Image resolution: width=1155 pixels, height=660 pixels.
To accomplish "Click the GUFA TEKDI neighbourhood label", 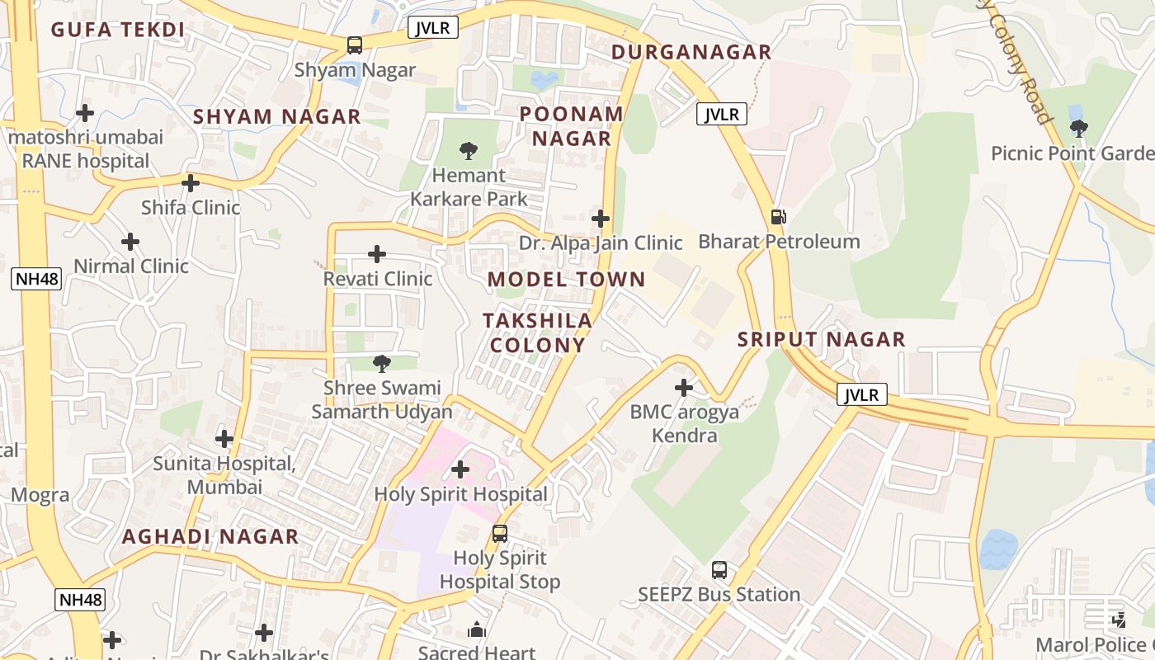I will (x=117, y=31).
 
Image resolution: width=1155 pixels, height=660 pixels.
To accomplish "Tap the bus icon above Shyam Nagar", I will (x=355, y=45).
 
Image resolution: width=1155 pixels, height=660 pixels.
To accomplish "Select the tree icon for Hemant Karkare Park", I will (x=469, y=150).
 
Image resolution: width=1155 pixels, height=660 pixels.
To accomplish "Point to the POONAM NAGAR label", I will (x=571, y=126).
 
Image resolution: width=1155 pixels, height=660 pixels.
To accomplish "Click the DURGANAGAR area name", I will (x=691, y=52).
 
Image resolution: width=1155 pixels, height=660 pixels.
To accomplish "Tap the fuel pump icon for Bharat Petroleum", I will (x=778, y=217).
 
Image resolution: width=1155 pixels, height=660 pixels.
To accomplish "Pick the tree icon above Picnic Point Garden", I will (x=1078, y=128).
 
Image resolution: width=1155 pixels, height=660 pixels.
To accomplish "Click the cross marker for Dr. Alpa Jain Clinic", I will (x=601, y=219).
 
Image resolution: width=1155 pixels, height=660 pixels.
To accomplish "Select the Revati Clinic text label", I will (x=378, y=279).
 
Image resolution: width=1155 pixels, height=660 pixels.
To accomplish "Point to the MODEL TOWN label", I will (x=566, y=279).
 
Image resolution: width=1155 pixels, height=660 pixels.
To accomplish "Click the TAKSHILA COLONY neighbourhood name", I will (x=537, y=332).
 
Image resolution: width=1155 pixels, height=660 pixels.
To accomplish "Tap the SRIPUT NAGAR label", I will (x=821, y=339).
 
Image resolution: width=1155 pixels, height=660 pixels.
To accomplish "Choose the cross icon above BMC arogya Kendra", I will (x=684, y=387).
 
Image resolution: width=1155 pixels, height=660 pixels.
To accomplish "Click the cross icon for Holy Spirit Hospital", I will (x=460, y=469).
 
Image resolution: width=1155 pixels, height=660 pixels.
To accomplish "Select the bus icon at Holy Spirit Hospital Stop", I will (x=500, y=533).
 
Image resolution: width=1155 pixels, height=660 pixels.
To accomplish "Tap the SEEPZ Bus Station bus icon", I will (x=719, y=570).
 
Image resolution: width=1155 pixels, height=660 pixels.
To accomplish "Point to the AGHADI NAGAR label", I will (x=210, y=536).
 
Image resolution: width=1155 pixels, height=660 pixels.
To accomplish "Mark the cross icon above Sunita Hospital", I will (x=224, y=439).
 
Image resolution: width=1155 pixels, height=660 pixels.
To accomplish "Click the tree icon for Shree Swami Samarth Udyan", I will (x=381, y=363).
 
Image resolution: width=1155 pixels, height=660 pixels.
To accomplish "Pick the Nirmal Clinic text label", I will (x=131, y=266).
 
